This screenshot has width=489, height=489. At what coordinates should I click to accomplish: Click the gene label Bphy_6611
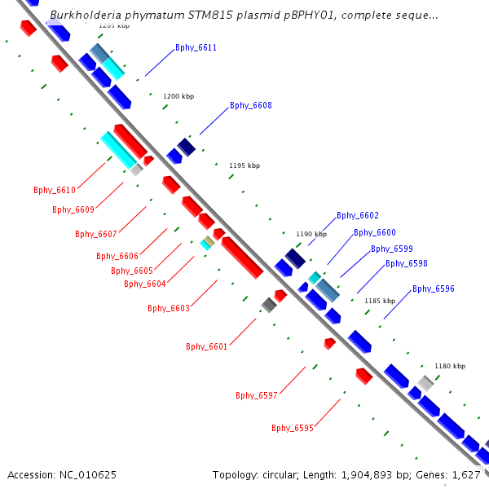coord(196,48)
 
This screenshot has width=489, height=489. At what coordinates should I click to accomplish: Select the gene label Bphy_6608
coord(250,106)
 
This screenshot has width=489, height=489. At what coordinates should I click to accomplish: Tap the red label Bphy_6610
coord(55,191)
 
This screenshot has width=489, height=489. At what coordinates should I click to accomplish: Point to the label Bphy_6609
coord(73,210)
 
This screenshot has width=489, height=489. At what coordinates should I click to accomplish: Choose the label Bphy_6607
coord(96,235)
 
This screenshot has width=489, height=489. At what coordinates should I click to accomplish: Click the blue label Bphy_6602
coord(358,216)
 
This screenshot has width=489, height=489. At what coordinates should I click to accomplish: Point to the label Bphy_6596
coord(434,289)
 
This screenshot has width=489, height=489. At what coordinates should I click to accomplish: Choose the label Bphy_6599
coord(392,249)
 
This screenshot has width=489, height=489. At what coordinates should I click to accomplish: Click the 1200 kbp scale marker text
coord(178,96)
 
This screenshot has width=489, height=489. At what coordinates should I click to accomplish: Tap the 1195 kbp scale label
coord(244,165)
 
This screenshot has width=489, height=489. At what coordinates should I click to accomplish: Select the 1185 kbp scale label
coord(380,301)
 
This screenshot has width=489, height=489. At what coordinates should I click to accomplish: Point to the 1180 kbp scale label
coord(450,367)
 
